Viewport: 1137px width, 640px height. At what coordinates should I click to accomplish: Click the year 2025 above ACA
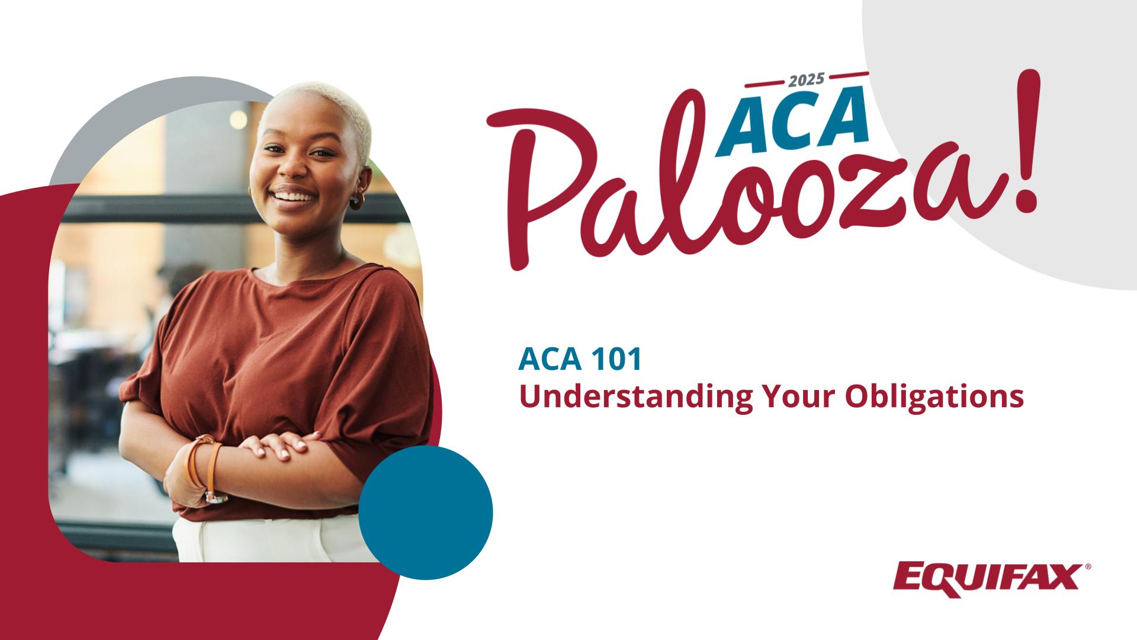pos(807,79)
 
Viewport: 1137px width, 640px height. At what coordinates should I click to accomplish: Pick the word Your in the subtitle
pos(804,396)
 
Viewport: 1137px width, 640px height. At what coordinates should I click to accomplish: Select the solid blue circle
pos(426,513)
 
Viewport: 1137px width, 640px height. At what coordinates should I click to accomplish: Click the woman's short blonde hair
pos(332,110)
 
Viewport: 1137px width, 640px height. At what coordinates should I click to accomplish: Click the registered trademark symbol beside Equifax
pos(1087,567)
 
